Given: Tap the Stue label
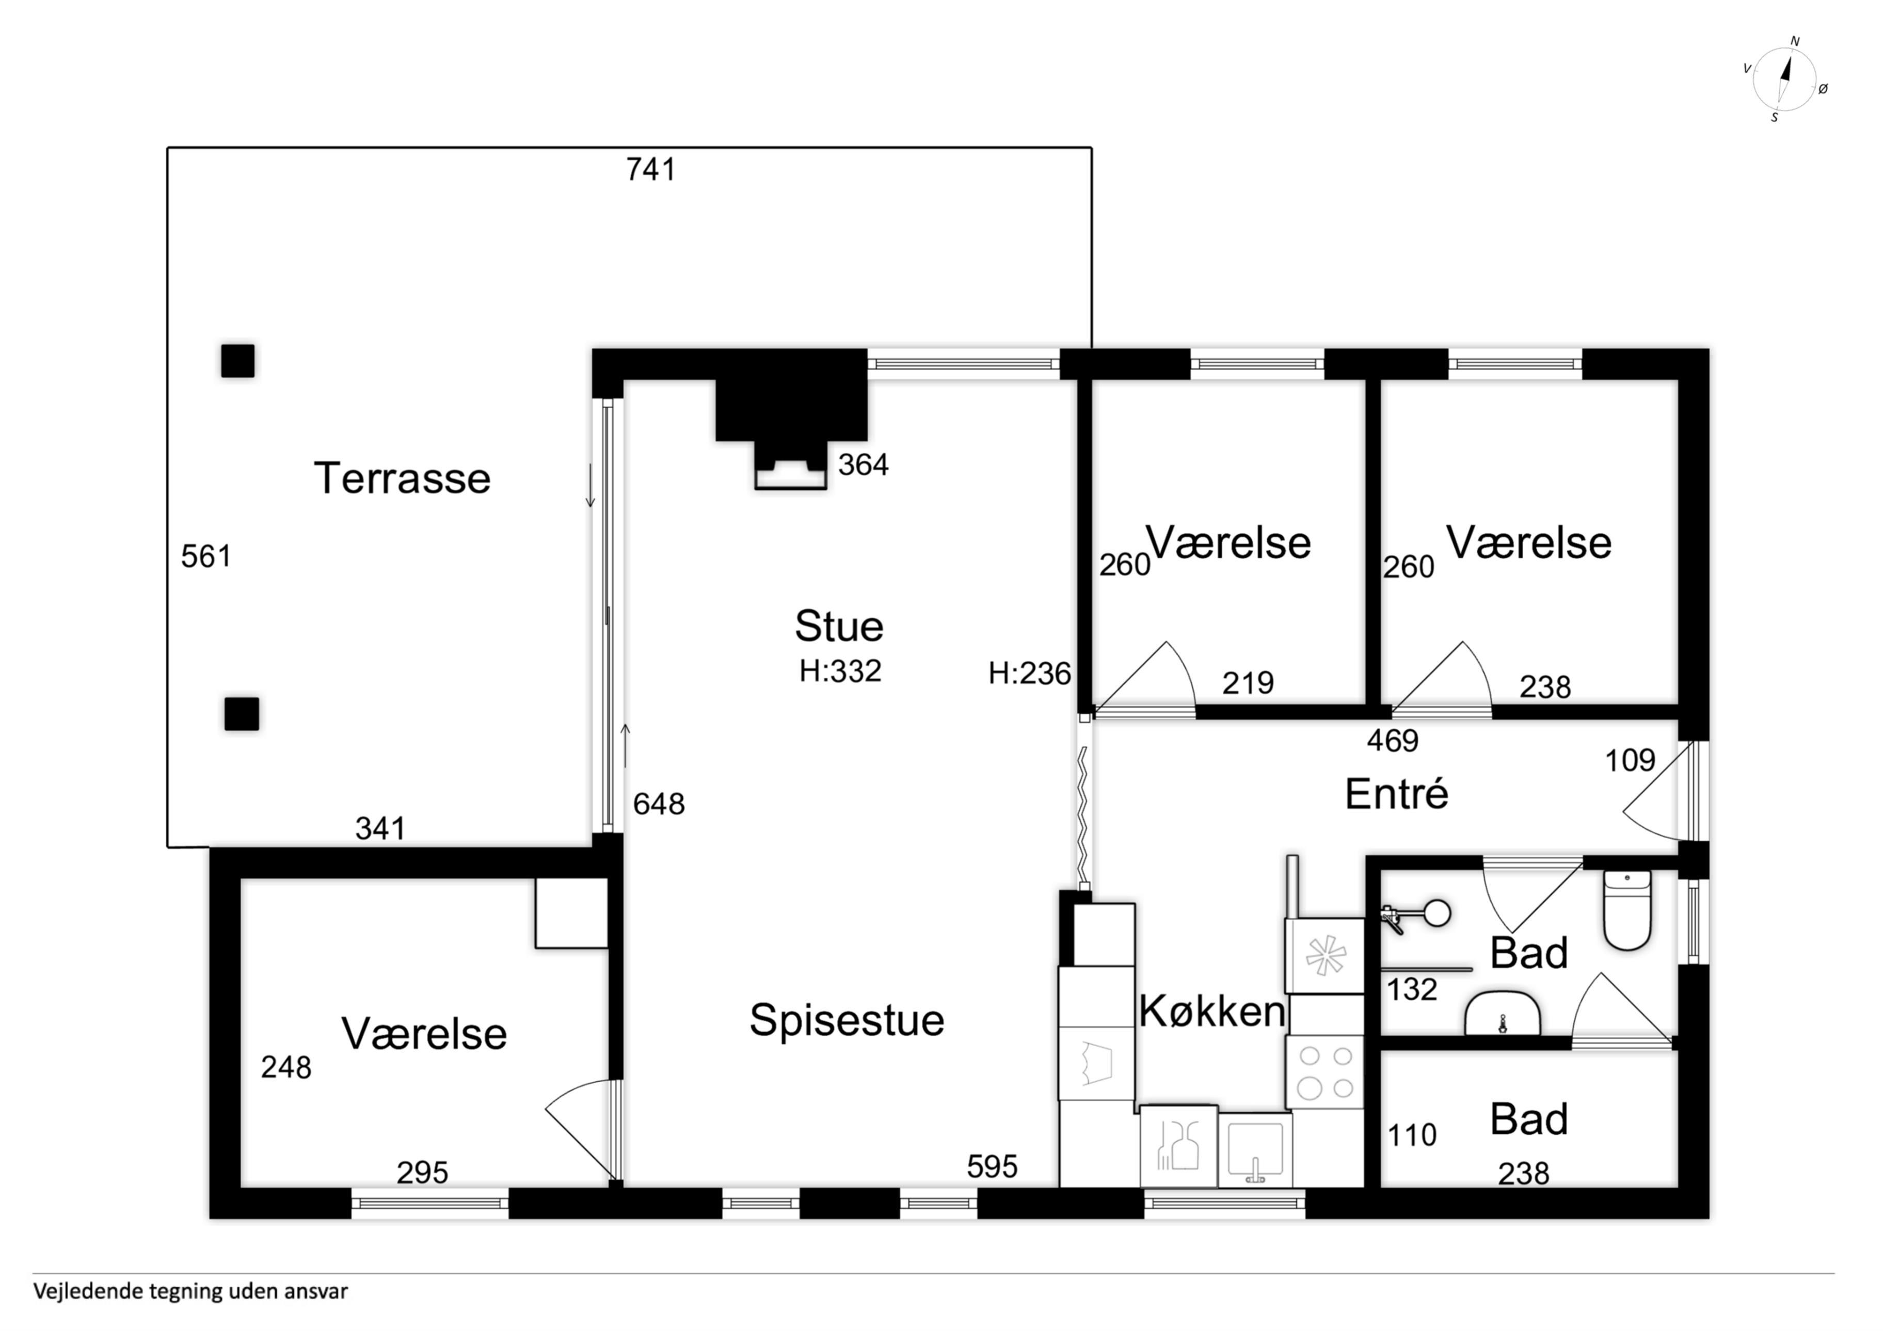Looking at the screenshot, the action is (839, 627).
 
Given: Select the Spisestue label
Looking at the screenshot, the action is (847, 1020).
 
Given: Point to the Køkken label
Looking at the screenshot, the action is (1212, 1011).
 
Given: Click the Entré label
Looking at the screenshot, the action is (1397, 794).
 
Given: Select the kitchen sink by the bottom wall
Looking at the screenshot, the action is (1255, 1149).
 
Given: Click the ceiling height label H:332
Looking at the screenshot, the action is (841, 671).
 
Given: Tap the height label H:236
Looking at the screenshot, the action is (1030, 673).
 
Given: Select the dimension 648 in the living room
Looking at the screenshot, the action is (659, 804).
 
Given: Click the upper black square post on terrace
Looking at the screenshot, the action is (238, 361).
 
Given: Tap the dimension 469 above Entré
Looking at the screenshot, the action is (1393, 741).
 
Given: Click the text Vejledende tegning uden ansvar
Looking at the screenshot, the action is (190, 1292).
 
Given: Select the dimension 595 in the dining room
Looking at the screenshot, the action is (993, 1166).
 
